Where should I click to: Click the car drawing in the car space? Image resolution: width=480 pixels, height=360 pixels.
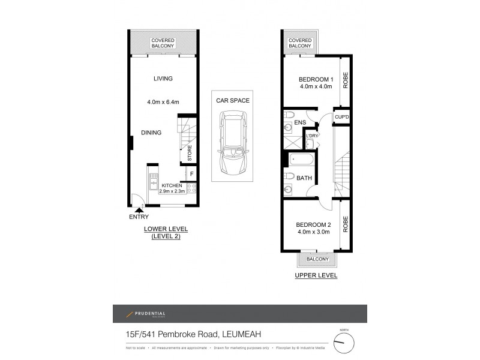231,142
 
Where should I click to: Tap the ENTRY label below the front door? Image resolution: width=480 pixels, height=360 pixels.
139,217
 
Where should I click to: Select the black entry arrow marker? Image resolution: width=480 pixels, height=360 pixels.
139,209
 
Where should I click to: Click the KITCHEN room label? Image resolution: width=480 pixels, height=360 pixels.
171,185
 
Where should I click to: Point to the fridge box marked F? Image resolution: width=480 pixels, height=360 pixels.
191,175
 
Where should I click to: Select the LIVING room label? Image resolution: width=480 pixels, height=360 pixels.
163,79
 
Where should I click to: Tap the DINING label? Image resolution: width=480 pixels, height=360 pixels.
151,133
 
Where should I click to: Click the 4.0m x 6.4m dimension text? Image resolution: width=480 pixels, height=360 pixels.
163,102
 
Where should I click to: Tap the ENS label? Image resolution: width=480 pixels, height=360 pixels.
300,123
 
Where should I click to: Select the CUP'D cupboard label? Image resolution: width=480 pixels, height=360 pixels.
341,117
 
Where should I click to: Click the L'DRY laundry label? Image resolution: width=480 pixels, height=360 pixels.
311,136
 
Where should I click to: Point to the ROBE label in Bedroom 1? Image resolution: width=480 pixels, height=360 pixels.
346,81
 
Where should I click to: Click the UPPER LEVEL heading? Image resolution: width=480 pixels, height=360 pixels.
316,276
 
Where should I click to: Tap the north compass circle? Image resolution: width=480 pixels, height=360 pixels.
343,343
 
